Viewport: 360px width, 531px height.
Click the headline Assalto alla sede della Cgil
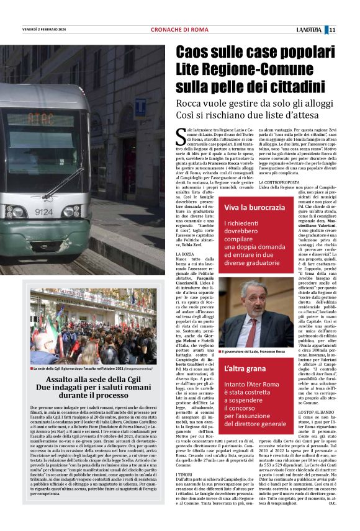pyautogui.click(x=86, y=377)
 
